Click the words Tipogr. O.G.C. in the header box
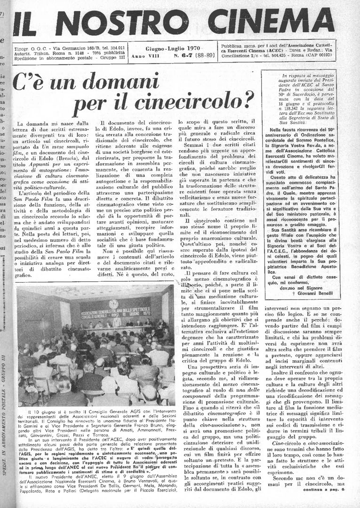(30, 48)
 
